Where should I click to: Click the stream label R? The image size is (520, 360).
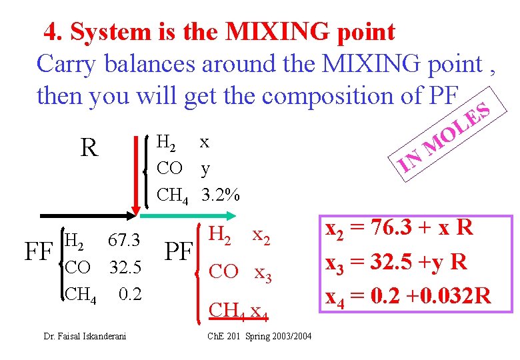(x=89, y=147)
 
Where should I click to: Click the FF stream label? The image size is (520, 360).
(x=39, y=253)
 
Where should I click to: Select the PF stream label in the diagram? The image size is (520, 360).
(x=178, y=253)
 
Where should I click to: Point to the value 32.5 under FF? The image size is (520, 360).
(x=125, y=267)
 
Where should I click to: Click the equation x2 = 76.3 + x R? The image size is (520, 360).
(x=398, y=228)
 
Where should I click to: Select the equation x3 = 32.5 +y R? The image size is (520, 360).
(x=395, y=261)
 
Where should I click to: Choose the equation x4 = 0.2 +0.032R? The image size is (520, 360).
(x=408, y=293)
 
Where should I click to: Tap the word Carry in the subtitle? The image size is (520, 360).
(x=61, y=64)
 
